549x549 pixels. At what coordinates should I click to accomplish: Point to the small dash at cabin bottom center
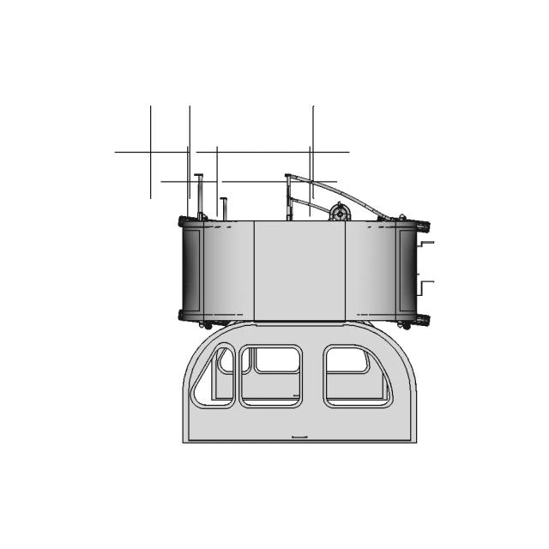(x=299, y=437)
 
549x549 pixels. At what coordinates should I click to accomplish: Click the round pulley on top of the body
(x=341, y=211)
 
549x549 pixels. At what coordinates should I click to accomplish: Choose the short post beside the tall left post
(x=223, y=208)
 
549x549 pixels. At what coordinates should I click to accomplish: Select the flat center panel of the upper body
(x=299, y=270)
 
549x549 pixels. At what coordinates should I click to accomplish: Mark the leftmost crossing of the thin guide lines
(x=151, y=152)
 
